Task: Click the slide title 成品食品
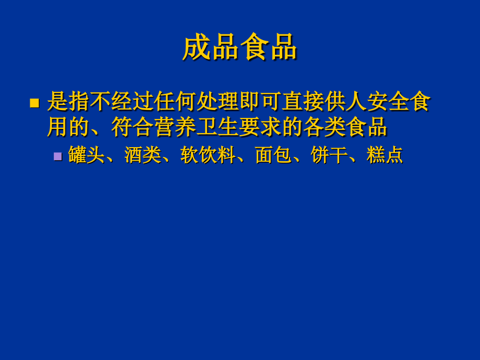pos(239,47)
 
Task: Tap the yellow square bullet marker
pos(34,103)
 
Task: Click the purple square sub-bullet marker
pos(57,156)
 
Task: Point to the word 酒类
pos(142,155)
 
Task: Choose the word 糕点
pos(385,155)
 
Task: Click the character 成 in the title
pos(197,47)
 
